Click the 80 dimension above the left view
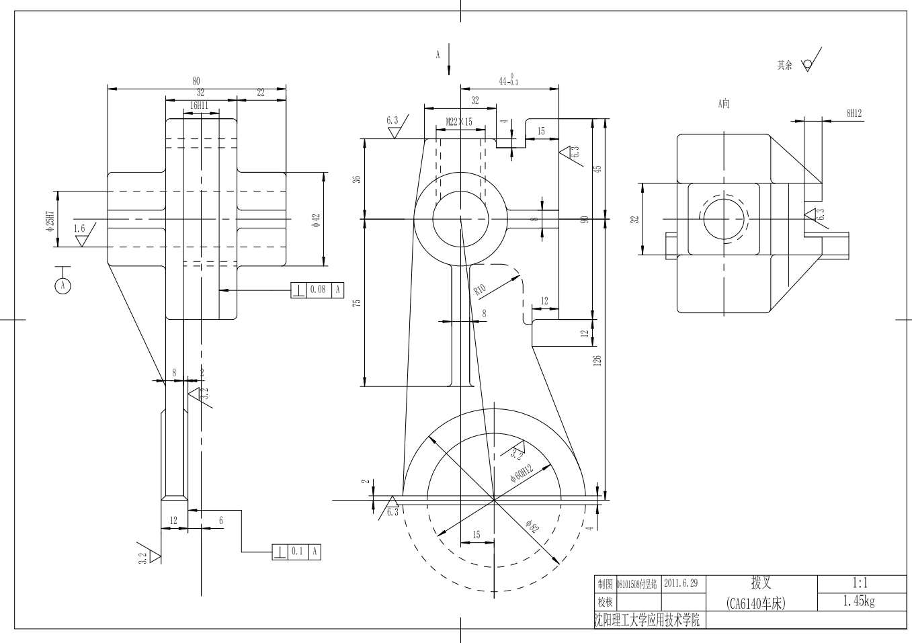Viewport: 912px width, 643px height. pos(196,81)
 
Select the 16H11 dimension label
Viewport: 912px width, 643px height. pos(198,105)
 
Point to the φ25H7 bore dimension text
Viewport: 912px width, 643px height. pos(50,219)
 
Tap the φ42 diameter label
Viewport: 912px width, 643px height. pos(316,221)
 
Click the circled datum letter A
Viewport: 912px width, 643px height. pos(63,286)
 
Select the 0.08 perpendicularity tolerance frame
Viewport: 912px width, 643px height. pos(317,290)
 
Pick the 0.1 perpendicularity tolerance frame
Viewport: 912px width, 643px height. pos(296,552)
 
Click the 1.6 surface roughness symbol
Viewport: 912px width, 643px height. pos(81,233)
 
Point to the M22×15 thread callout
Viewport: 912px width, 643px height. pos(459,122)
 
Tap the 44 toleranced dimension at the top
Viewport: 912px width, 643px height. pos(508,81)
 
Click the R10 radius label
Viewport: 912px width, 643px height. pos(480,290)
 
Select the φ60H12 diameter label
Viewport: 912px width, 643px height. pos(522,472)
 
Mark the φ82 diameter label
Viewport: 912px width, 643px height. pos(533,527)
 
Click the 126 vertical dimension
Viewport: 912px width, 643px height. pos(597,360)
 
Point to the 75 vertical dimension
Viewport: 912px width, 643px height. pos(358,303)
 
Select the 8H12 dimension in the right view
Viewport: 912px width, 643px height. pos(854,114)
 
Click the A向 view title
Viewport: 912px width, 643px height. pos(723,103)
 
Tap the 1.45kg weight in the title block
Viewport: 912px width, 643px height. pos(859,601)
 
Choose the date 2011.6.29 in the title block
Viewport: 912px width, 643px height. pos(681,583)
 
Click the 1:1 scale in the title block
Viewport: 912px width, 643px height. pos(859,583)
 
